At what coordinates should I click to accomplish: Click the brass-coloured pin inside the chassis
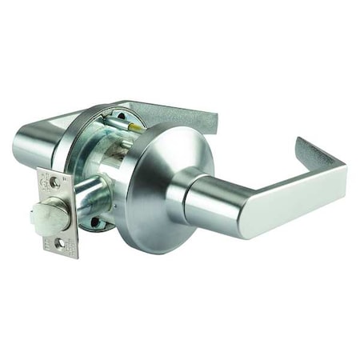coord(138,126)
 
